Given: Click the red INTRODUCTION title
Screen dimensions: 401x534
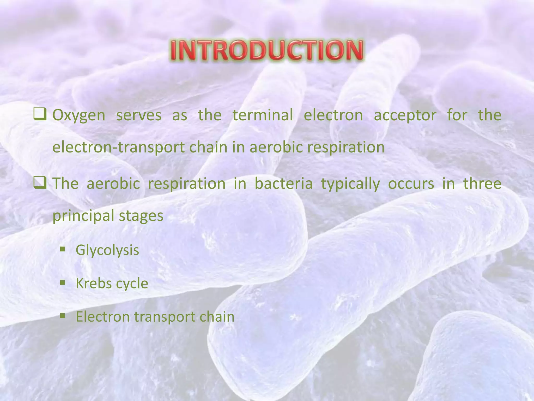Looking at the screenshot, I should coord(267,50).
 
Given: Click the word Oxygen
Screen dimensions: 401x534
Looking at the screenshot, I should coord(79,115).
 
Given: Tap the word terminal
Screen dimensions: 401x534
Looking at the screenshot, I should coord(263,115).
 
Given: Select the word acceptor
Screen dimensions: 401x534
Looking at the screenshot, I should coord(405,115).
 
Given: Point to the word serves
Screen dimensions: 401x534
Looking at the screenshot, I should coord(139,115).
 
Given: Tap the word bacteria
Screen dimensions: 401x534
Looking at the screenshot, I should coord(283,183).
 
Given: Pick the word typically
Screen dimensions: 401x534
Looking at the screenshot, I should coord(350,184).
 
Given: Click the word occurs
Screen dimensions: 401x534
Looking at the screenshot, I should coord(411,183).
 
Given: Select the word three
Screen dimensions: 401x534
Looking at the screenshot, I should coord(482,183).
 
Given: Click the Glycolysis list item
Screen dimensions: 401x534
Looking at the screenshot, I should coord(107,250).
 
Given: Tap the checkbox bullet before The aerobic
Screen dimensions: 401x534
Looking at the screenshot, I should coord(40,183).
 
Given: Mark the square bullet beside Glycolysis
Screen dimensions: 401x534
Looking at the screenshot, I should coord(62,249).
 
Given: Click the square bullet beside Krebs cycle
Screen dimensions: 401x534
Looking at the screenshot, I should coord(62,282).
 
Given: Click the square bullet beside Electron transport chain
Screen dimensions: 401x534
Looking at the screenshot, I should coord(62,316).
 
